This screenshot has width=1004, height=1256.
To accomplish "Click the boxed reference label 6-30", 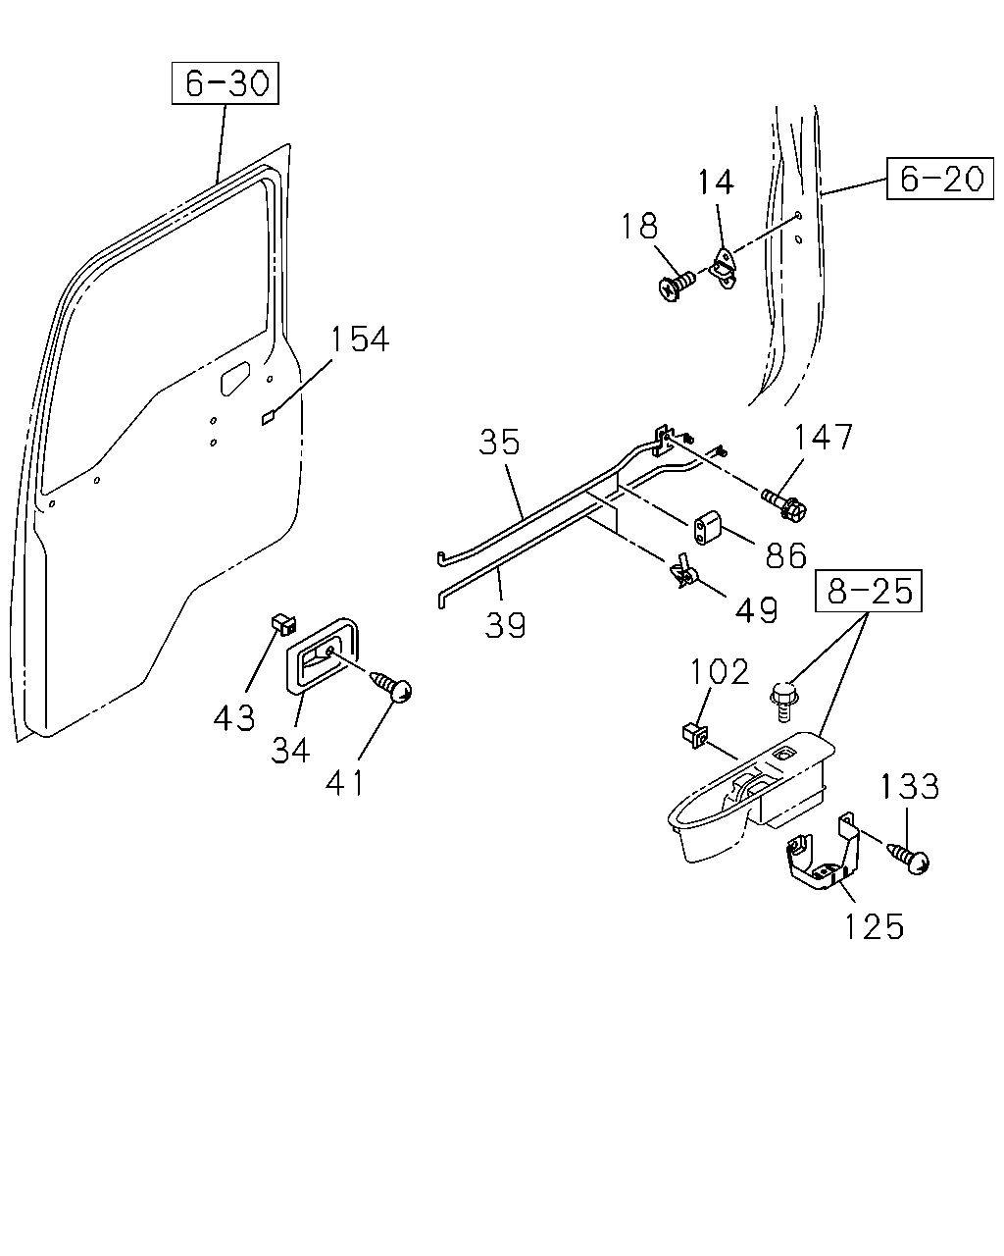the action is pyautogui.click(x=226, y=82).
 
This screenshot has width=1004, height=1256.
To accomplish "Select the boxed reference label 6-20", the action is pyautogui.click(x=940, y=179).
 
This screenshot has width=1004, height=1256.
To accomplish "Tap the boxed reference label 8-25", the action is pyautogui.click(x=869, y=591).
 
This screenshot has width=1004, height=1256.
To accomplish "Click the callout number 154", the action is pyautogui.click(x=360, y=340).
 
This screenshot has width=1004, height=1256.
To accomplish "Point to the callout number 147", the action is pyautogui.click(x=824, y=438).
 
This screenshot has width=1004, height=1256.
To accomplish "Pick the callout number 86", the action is pyautogui.click(x=785, y=555).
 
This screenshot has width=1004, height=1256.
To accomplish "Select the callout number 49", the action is pyautogui.click(x=756, y=610).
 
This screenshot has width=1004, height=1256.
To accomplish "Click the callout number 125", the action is pyautogui.click(x=874, y=926).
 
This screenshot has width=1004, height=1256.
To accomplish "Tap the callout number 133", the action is pyautogui.click(x=910, y=786).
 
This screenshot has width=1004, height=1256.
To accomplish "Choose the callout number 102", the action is pyautogui.click(x=720, y=672).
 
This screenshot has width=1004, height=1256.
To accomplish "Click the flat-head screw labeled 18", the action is pyautogui.click(x=677, y=285).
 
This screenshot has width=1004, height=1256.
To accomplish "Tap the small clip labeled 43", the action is pyautogui.click(x=284, y=625).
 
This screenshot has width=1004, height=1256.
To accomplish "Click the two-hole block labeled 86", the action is pyautogui.click(x=707, y=528).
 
